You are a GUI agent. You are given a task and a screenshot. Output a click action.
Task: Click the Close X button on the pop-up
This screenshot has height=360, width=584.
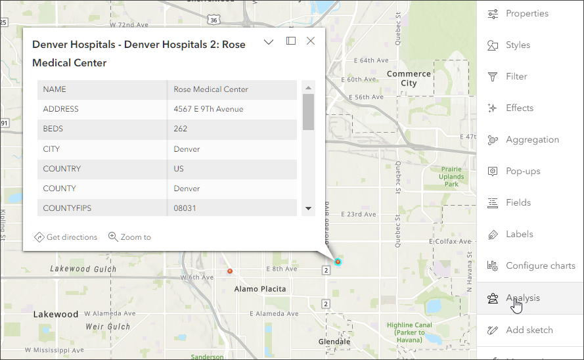[x=311, y=41]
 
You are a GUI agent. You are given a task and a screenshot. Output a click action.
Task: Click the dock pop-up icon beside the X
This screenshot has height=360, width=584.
[x=291, y=41]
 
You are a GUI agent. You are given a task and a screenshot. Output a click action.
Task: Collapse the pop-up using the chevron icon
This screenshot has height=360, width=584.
[x=269, y=42]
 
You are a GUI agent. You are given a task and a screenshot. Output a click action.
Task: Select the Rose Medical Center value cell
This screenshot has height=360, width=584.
[x=211, y=89]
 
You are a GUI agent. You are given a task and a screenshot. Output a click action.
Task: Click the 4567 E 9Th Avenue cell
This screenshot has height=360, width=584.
[x=208, y=109]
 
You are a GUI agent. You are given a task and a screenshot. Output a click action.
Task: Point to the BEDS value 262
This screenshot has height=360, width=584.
[x=181, y=129]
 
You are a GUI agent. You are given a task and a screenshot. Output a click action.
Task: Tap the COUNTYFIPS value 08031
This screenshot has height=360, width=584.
[x=186, y=208]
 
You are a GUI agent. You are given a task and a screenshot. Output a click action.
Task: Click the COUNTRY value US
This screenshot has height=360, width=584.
[x=179, y=169]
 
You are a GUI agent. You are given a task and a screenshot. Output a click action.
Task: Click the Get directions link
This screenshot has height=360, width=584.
[x=66, y=237]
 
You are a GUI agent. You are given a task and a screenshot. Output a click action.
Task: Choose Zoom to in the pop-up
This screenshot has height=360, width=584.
[x=129, y=237]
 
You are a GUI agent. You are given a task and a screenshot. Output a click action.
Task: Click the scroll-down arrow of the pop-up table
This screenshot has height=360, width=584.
[x=308, y=208]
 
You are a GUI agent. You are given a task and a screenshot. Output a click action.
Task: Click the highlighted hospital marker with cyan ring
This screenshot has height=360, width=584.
[x=338, y=261]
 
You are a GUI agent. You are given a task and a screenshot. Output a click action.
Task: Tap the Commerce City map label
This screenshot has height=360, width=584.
[x=409, y=79]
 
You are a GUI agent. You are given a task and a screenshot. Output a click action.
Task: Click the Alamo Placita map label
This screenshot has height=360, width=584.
[x=260, y=289]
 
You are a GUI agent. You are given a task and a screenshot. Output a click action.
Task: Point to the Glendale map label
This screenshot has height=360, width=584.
[x=334, y=342]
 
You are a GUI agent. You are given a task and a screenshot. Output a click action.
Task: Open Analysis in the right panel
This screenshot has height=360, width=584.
[x=522, y=298]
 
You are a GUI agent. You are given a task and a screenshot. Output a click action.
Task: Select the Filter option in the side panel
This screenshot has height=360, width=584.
[x=516, y=77]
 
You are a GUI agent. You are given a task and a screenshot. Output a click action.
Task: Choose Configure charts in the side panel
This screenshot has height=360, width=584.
[x=539, y=266]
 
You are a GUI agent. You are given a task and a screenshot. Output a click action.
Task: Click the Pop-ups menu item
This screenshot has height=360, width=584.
[x=522, y=171]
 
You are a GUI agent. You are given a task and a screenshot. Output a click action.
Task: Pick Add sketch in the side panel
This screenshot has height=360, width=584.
[x=529, y=330]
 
